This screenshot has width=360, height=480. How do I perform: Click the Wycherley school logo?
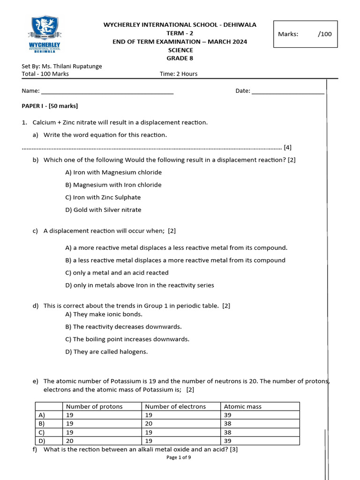[45, 35]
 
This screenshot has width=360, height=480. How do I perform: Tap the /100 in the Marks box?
[324, 34]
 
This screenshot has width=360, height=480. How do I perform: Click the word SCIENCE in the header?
[180, 50]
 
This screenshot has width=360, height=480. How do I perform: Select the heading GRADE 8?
[180, 58]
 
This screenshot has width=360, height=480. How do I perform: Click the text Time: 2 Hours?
[179, 74]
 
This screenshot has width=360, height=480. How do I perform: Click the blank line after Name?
[107, 91]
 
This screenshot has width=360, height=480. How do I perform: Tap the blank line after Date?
[288, 91]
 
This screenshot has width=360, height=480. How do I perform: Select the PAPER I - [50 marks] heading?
[50, 106]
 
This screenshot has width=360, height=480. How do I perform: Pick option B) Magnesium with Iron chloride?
[113, 185]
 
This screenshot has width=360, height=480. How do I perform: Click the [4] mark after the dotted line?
[287, 147]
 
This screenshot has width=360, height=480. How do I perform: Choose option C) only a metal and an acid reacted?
[117, 273]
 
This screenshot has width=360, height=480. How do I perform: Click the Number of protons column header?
[94, 407]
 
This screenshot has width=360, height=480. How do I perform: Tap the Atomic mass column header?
[243, 407]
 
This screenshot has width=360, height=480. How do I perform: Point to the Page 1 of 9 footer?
[179, 457]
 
